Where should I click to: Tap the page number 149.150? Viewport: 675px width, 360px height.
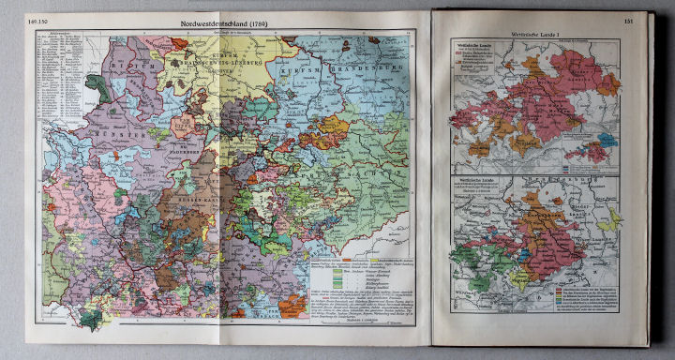[x=42, y=21]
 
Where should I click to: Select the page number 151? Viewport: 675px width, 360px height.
[x=628, y=22]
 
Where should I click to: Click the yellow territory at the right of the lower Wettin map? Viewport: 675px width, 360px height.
[x=614, y=218]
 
